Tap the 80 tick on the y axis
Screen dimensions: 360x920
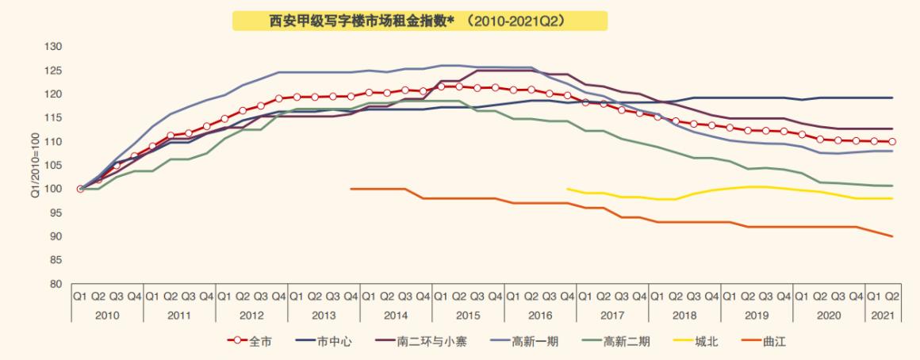(x=55, y=284)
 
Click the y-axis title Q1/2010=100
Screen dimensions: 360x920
(x=36, y=165)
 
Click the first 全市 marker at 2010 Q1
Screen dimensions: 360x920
(x=80, y=189)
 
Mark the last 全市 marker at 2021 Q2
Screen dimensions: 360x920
(x=892, y=142)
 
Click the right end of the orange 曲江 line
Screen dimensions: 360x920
(x=892, y=236)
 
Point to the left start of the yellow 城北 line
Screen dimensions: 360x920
(x=568, y=189)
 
